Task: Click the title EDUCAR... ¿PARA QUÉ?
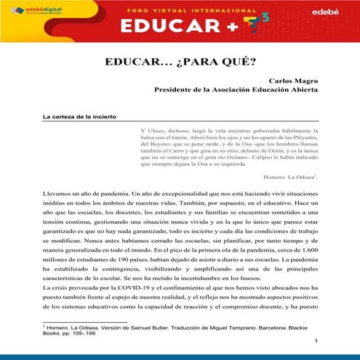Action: pyautogui.click(x=179, y=62)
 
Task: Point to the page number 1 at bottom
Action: pyautogui.click(x=316, y=342)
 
